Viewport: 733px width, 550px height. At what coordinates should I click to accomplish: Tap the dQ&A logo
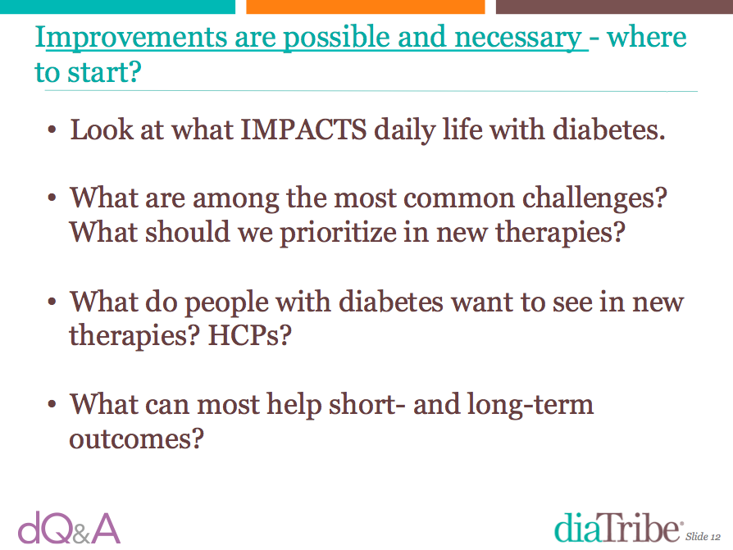click(69, 528)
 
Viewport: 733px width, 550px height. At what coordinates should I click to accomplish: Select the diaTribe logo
click(618, 528)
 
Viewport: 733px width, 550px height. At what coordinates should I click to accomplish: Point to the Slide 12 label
click(703, 536)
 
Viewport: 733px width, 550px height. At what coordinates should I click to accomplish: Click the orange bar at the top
click(365, 7)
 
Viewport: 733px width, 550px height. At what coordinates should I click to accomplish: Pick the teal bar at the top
click(117, 7)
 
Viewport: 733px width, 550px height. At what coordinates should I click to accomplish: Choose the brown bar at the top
click(614, 7)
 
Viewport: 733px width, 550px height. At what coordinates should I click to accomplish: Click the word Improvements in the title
click(131, 39)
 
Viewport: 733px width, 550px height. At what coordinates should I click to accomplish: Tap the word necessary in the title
click(517, 39)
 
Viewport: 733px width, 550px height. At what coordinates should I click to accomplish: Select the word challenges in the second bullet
click(594, 198)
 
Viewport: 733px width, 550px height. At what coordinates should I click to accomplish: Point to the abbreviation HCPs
click(249, 335)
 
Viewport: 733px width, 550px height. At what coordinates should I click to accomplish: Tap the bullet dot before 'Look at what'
click(52, 130)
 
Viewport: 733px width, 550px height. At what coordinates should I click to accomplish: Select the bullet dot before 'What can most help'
click(52, 404)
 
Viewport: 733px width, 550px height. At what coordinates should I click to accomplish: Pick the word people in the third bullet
click(226, 302)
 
